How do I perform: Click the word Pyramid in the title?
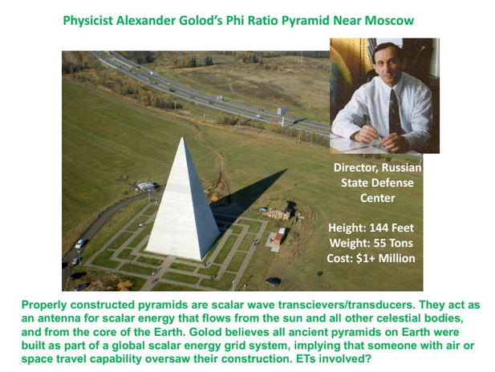click(306, 21)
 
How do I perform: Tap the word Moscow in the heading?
click(389, 21)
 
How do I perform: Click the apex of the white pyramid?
click(182, 138)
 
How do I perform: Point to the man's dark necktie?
click(394, 112)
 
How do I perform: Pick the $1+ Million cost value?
click(386, 258)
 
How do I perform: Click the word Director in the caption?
click(352, 168)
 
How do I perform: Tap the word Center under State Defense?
click(377, 198)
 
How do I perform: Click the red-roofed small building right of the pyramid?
click(278, 237)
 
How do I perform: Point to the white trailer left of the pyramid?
click(146, 186)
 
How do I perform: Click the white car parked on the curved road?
click(79, 244)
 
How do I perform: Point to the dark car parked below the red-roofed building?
click(274, 281)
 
